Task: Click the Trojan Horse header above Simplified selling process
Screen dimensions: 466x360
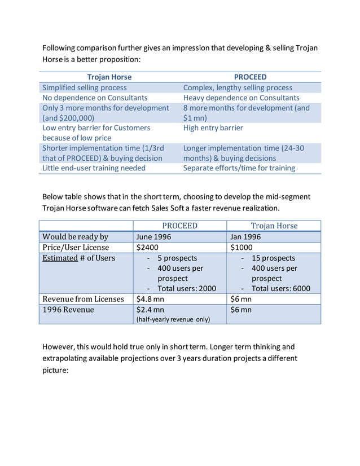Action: coord(109,77)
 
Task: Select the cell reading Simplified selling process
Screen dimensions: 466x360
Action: coord(85,87)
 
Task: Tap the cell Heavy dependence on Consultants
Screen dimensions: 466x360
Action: coord(241,98)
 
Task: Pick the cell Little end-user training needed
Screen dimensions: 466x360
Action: coord(94,168)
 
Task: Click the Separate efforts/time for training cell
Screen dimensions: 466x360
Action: coord(239,168)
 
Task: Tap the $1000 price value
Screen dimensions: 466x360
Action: coord(242,248)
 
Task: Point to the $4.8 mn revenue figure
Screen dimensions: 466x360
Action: coord(151,299)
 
